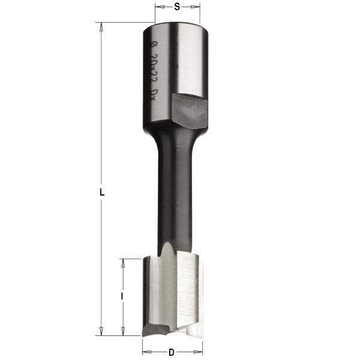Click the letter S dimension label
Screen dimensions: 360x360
[177, 7]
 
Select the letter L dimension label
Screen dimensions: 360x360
[103, 193]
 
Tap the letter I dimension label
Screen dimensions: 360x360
[122, 296]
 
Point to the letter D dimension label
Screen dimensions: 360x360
[172, 352]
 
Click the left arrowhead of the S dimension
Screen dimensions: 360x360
[158, 7]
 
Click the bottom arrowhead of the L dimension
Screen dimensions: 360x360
[102, 331]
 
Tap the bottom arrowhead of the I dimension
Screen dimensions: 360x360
[122, 331]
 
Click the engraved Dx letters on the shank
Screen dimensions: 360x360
[154, 95]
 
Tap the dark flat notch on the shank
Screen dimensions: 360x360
[190, 107]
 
